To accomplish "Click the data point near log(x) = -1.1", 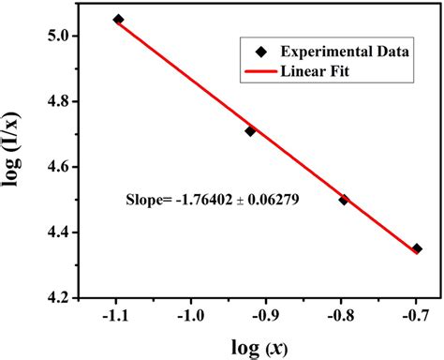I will (x=118, y=19).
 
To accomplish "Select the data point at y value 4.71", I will (x=250, y=131).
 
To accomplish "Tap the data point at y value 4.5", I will (x=344, y=200).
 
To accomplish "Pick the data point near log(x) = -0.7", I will (x=417, y=248).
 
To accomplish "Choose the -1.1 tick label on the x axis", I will (x=115, y=316).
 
